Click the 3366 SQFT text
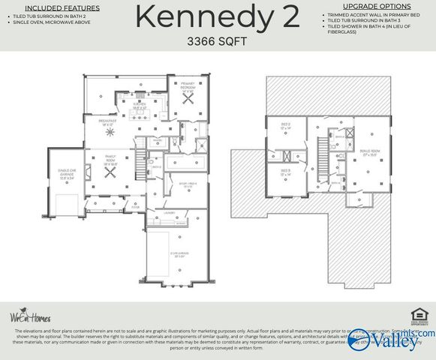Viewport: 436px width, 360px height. point(218,42)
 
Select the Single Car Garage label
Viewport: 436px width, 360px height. point(67,175)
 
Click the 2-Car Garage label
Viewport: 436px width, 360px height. point(177,254)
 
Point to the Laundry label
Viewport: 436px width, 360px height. point(170,212)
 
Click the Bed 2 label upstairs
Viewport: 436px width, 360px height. point(285,126)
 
